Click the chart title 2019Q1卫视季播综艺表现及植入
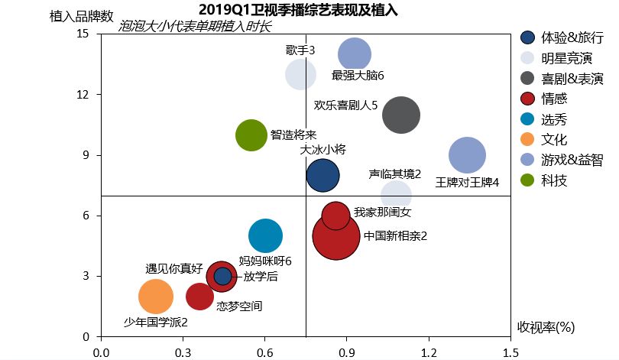[303, 10]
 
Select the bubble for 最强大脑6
[355, 54]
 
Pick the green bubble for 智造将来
[251, 135]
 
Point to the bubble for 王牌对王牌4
[467, 155]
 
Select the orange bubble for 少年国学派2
[155, 297]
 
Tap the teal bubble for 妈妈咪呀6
[265, 236]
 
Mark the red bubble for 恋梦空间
[200, 297]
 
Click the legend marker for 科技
[527, 181]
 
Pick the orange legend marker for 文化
[527, 140]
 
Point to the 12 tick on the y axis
[83, 95]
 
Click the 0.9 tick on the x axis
[346, 352]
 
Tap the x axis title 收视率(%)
[546, 327]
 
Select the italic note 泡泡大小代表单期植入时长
[196, 27]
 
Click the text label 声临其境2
[394, 174]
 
